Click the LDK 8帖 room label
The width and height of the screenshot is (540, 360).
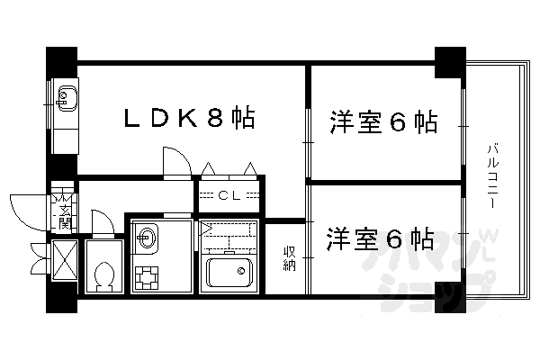pos(187,119)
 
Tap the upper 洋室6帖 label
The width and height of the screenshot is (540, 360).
pos(383,122)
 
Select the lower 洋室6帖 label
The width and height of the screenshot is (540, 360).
pos(380,239)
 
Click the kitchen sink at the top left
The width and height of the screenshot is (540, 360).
pos(67,95)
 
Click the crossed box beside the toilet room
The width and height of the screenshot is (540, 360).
pos(66,263)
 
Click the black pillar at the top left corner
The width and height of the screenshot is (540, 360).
pos(61,61)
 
